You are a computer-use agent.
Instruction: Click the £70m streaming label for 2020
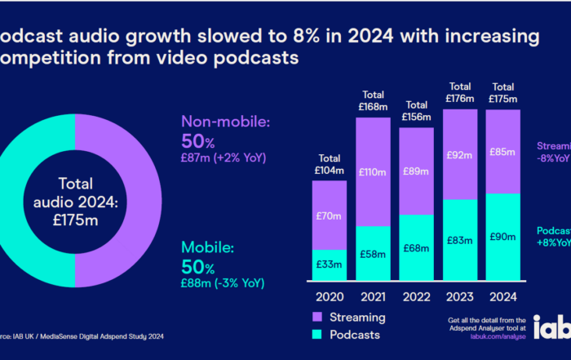[330, 216]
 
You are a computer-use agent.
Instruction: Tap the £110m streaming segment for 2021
[374, 173]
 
